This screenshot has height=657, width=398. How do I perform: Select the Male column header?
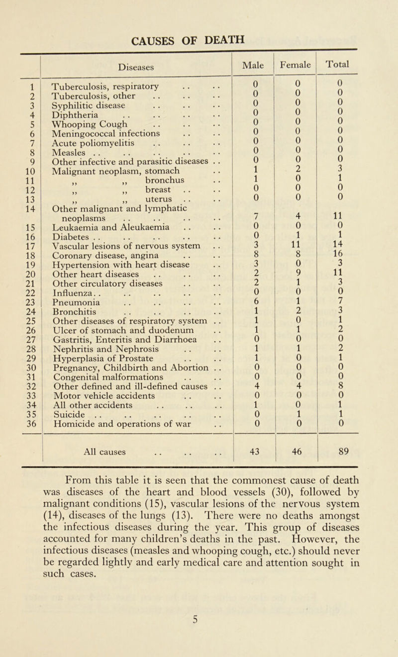pyautogui.click(x=254, y=64)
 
